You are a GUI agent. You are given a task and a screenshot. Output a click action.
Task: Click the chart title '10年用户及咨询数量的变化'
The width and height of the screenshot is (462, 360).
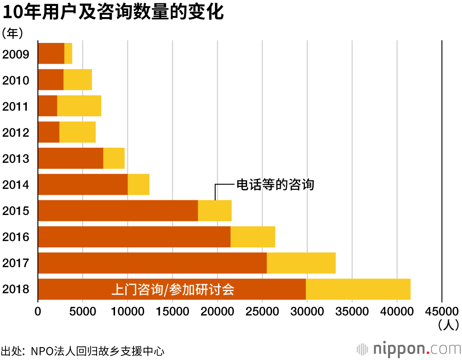(x=113, y=12)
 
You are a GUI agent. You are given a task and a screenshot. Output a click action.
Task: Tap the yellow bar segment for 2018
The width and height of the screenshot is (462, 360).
(x=358, y=289)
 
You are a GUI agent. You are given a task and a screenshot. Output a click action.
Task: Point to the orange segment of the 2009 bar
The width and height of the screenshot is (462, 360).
(x=51, y=53)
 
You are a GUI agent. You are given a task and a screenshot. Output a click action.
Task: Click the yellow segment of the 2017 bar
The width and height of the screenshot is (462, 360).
(x=301, y=263)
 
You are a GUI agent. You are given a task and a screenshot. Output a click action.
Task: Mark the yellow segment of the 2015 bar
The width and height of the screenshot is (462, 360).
(x=215, y=211)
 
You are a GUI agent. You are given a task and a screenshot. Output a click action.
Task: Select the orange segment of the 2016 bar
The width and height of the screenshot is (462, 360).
(x=134, y=237)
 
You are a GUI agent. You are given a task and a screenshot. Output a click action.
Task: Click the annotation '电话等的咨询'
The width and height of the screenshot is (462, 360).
(x=275, y=185)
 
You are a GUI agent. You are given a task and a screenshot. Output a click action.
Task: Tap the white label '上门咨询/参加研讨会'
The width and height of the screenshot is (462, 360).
(x=173, y=290)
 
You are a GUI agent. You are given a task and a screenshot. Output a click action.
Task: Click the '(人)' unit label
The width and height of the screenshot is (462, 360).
(x=448, y=325)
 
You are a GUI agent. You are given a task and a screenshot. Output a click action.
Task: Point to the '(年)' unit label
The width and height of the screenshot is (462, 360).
(x=12, y=33)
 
